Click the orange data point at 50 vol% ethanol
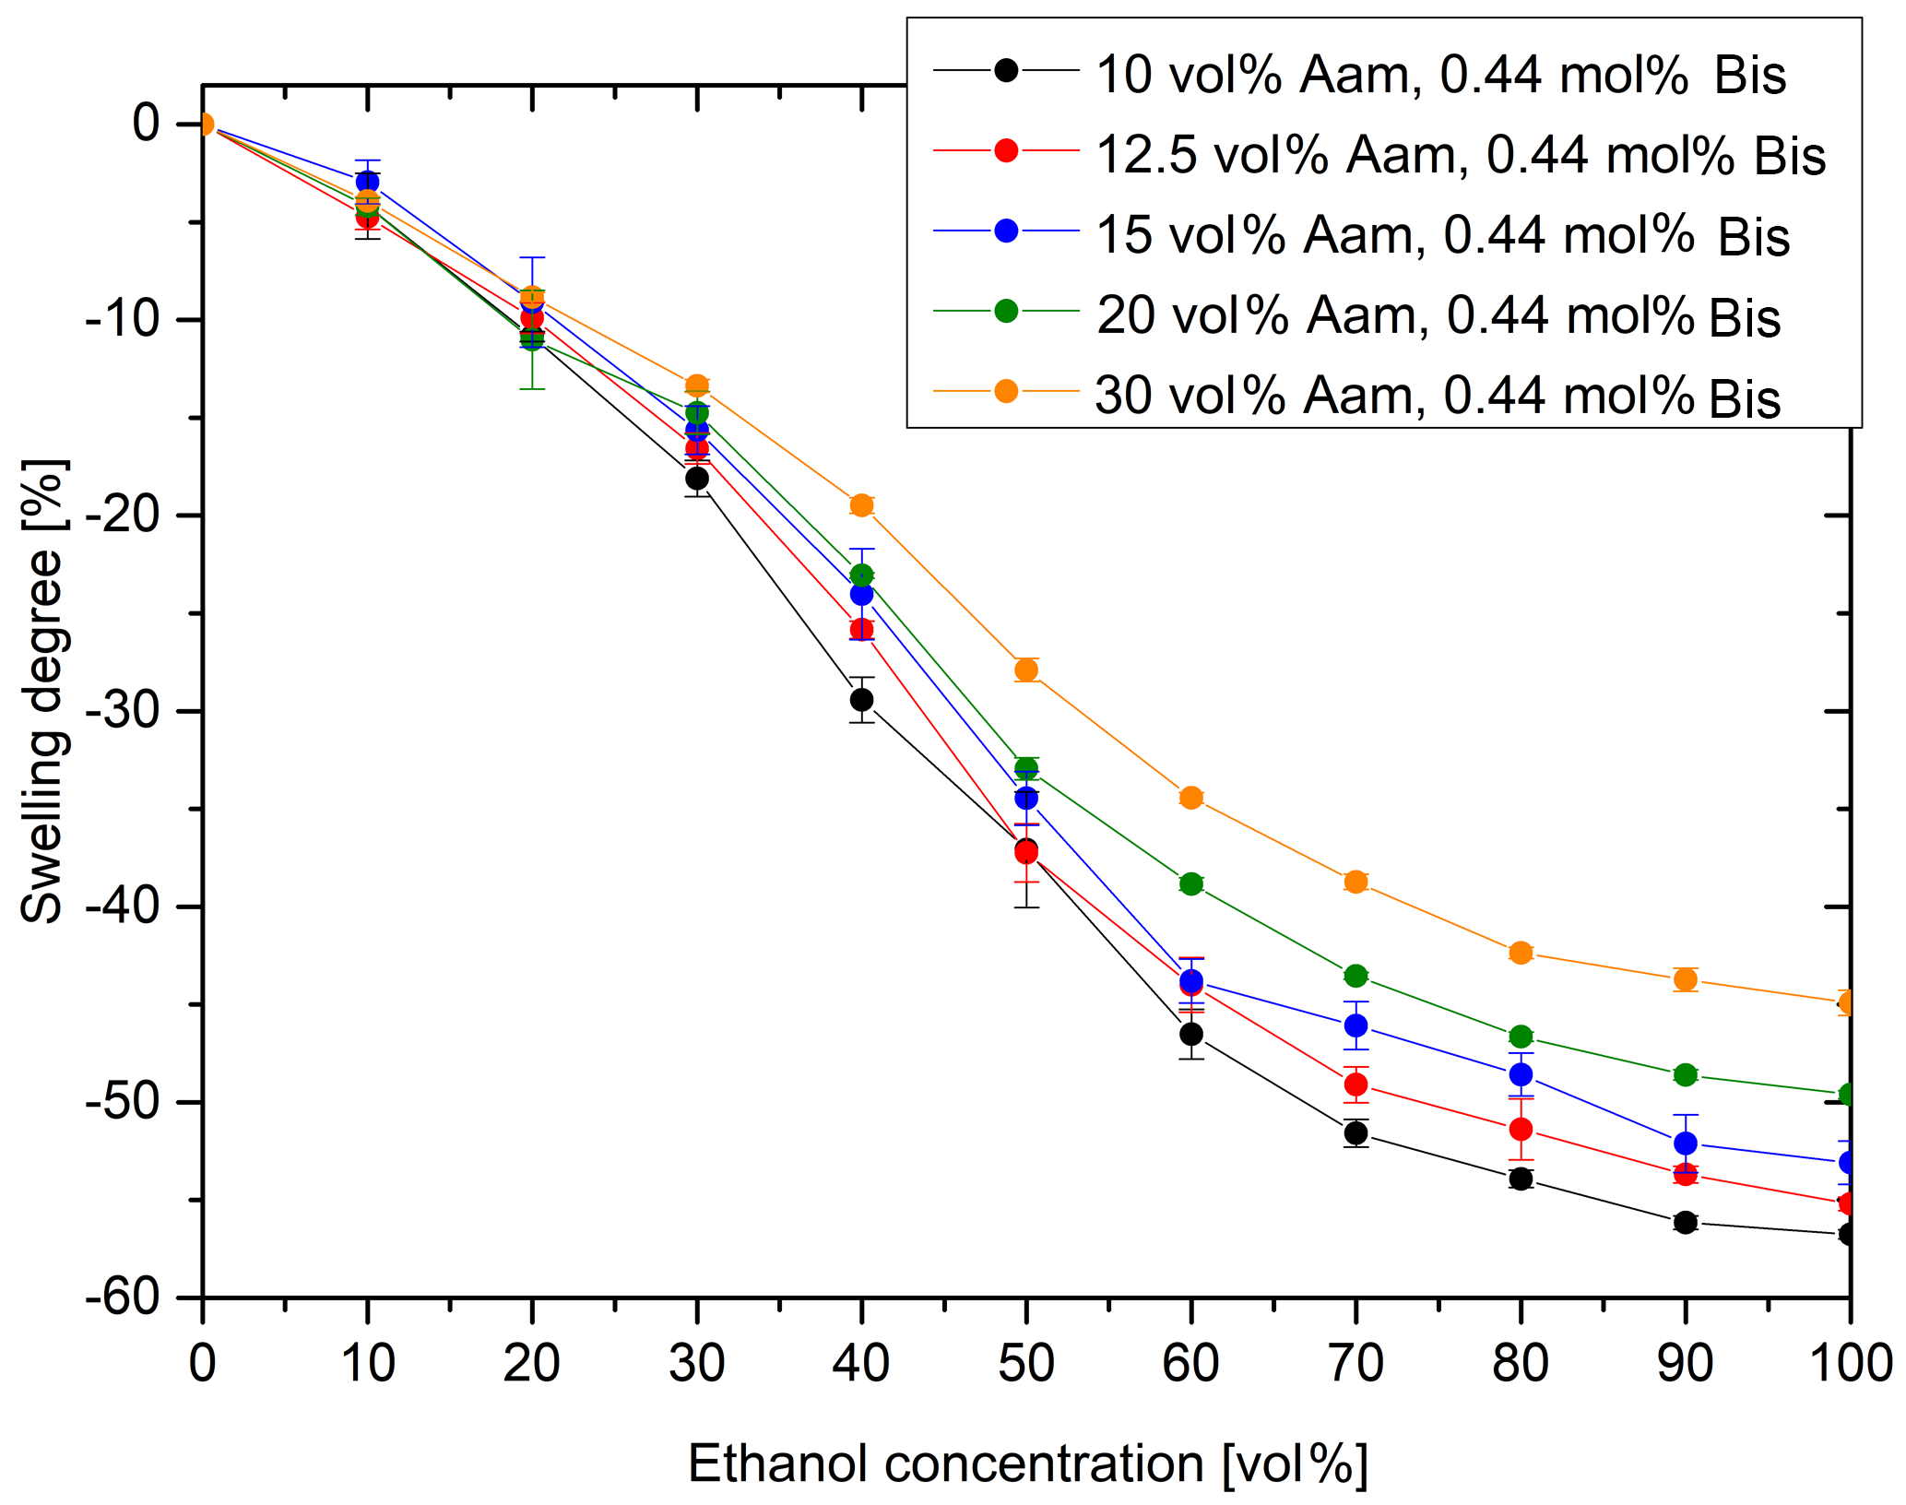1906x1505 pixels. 1026,670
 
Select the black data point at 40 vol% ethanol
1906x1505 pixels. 861,700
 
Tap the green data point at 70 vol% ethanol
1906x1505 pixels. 1356,976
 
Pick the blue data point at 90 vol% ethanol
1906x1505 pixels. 1686,1144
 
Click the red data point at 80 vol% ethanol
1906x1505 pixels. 1521,1130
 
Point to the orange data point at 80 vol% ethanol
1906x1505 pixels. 1521,953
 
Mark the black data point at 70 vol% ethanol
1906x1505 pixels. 1356,1132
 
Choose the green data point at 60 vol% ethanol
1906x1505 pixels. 1191,884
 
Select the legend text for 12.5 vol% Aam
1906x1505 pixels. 1461,154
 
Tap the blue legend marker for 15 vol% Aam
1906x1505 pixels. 1006,231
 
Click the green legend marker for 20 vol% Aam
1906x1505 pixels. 1006,311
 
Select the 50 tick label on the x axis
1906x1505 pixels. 1025,1363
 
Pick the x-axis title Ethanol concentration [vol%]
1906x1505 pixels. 1027,1464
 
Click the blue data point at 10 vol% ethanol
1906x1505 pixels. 367,182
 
